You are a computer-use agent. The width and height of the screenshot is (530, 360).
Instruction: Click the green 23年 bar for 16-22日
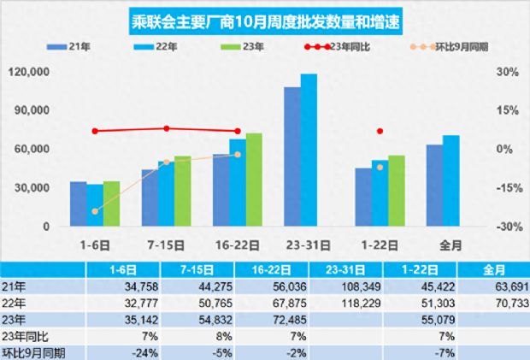(254, 180)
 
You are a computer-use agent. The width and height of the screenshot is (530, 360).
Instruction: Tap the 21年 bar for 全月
(434, 186)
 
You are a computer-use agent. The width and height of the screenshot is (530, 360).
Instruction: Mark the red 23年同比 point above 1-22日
(380, 132)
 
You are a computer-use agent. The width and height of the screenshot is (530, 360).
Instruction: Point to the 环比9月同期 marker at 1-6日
(95, 210)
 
